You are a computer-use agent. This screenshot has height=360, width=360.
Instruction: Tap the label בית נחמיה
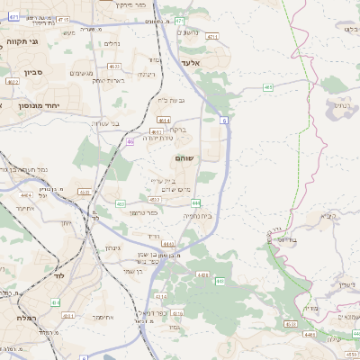(x=197, y=216)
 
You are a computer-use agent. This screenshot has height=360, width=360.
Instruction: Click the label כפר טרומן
(x=141, y=212)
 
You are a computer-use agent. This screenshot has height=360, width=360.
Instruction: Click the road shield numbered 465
(x=268, y=87)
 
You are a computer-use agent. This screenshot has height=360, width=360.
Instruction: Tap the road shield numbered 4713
(x=212, y=37)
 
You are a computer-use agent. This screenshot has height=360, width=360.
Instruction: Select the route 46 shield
(x=131, y=141)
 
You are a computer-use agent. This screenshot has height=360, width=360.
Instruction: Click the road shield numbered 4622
(x=12, y=81)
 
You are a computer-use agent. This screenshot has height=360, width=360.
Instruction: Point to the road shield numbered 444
(x=196, y=203)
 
